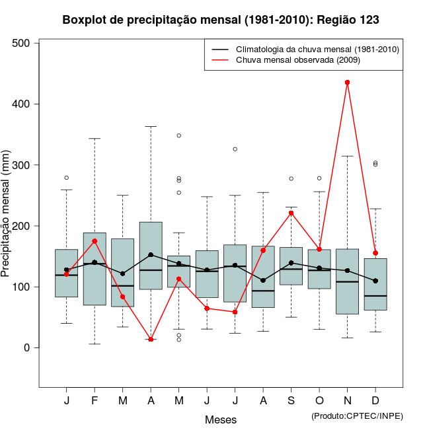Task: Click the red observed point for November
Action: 347,83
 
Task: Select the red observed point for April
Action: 151,340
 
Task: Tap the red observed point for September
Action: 291,213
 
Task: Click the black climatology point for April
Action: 151,255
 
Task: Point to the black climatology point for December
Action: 375,281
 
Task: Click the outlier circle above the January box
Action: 67,178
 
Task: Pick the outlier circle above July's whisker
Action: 235,149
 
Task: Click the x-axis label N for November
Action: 347,401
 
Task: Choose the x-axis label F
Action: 95,401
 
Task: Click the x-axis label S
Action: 291,401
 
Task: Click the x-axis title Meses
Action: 221,419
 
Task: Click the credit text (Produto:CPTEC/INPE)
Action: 357,416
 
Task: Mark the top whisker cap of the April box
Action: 151,126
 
